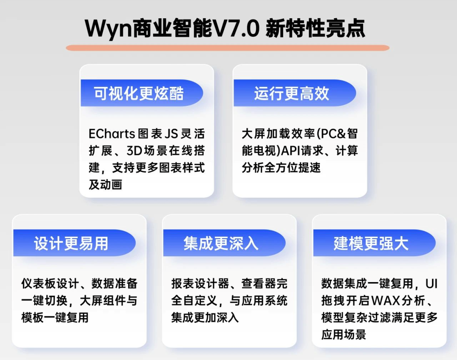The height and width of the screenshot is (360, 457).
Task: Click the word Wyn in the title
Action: point(108,29)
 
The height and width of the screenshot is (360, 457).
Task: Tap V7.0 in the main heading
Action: point(236,28)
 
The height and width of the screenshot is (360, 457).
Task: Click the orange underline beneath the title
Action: point(228,48)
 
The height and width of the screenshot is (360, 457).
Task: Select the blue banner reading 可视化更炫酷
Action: point(142,93)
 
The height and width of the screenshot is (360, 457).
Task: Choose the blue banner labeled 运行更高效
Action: point(295,93)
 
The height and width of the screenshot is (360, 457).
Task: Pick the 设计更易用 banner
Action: point(74,243)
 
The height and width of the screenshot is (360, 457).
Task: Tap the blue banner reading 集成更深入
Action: point(224,243)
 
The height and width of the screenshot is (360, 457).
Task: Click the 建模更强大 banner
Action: point(374,243)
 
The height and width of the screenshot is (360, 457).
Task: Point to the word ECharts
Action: point(112,134)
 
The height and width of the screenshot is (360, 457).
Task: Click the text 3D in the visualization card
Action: point(134,151)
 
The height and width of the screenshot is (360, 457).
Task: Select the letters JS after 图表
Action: point(171,134)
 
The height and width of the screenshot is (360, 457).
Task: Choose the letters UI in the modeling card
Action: point(432,284)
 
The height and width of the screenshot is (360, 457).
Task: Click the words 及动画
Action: point(105,185)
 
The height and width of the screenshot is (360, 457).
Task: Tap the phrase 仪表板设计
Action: point(50,284)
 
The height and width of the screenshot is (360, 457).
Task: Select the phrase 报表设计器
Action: point(200,284)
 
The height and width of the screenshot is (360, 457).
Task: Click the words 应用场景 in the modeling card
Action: point(344,335)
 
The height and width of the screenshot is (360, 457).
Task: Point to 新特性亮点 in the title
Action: point(315,28)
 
